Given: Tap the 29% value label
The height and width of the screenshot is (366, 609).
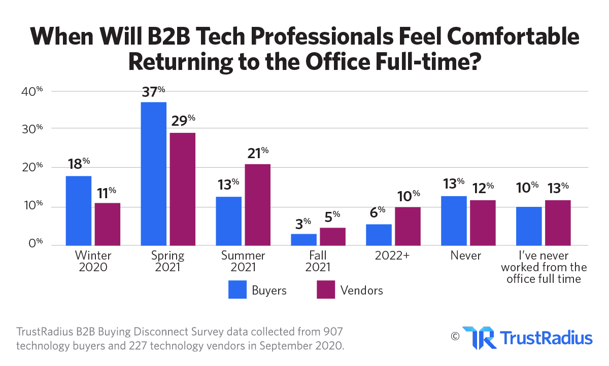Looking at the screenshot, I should pyautogui.click(x=183, y=122).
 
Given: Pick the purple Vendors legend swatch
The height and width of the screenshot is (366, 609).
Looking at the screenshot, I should pyautogui.click(x=326, y=290).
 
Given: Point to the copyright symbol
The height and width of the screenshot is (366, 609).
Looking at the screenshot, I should pyautogui.click(x=455, y=336).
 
